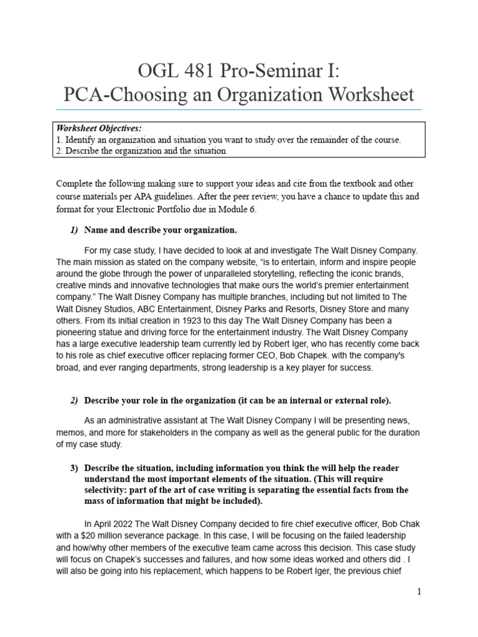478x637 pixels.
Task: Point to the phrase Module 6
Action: click(234, 210)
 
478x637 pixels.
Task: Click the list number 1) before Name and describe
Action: click(73, 230)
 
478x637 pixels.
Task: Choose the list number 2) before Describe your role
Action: click(73, 399)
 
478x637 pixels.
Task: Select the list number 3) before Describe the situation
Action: click(73, 468)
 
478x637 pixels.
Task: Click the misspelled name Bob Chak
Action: click(399, 524)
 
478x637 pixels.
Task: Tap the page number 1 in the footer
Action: click(419, 592)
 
